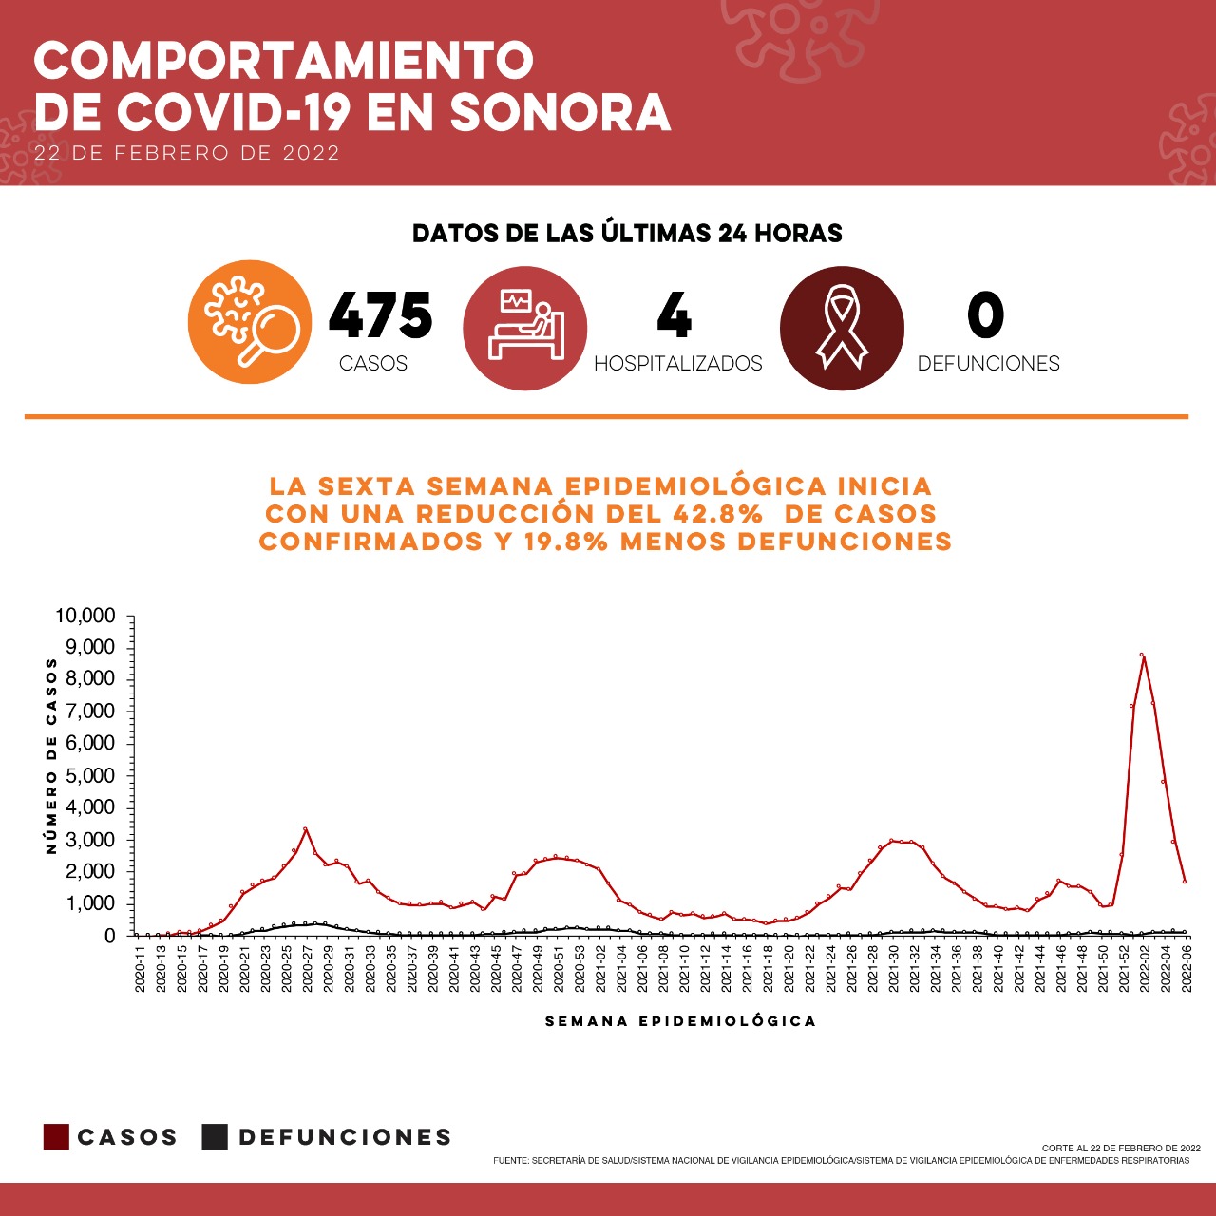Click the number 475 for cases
[x=380, y=315]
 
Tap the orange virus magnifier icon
[x=250, y=322]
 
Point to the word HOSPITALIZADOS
[x=677, y=364]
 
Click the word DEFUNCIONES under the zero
[x=988, y=364]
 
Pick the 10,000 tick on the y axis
[x=85, y=616]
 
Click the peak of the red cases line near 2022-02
[x=1142, y=655]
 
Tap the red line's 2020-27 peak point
[x=306, y=828]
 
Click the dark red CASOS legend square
[x=56, y=1137]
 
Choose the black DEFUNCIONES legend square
[x=215, y=1137]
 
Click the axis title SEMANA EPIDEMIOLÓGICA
[x=680, y=1021]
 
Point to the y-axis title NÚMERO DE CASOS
[x=51, y=756]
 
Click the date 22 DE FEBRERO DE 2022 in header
[x=187, y=153]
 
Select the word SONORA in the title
[x=560, y=113]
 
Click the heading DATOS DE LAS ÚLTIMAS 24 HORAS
[x=627, y=234]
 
